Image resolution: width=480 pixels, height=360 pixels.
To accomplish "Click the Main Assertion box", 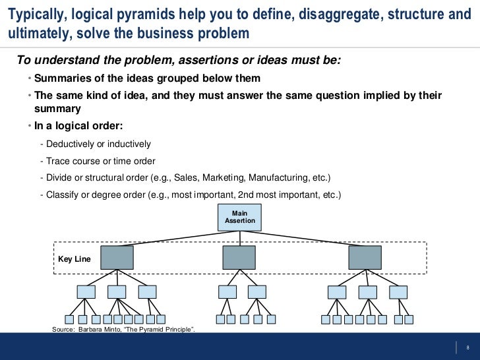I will click(239, 217).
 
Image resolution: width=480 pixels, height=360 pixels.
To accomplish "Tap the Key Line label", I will click(75, 259).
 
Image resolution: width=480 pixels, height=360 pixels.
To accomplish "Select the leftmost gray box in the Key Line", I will click(117, 257).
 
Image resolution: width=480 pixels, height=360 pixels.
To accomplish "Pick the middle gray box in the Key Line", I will click(239, 257).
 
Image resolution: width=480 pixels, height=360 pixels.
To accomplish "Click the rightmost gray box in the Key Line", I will click(365, 257).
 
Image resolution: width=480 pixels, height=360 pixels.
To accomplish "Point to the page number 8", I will click(467, 347).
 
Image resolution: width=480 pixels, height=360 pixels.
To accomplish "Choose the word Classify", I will click(63, 195).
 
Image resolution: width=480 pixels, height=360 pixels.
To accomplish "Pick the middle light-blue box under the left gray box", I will click(117, 291).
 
